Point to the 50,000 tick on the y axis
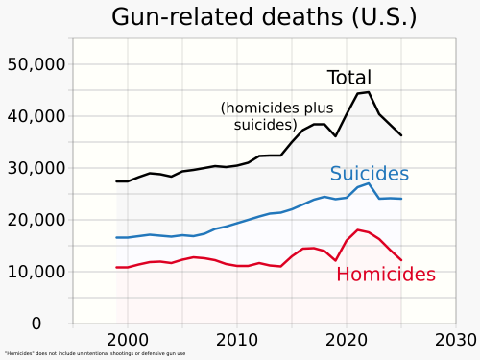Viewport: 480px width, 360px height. pyautogui.click(x=36, y=64)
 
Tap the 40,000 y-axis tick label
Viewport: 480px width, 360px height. pyautogui.click(x=36, y=116)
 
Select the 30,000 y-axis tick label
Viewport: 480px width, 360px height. pyautogui.click(x=36, y=168)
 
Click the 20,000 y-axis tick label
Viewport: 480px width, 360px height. pyautogui.click(x=36, y=220)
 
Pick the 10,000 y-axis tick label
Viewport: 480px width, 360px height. pyautogui.click(x=36, y=272)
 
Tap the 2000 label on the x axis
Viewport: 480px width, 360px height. pyautogui.click(x=128, y=339)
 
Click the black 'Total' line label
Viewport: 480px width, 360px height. pyautogui.click(x=348, y=78)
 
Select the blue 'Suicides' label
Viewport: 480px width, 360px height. pyautogui.click(x=370, y=174)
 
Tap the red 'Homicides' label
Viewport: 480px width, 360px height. pyautogui.click(x=386, y=275)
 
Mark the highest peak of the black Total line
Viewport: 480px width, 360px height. pyautogui.click(x=369, y=92)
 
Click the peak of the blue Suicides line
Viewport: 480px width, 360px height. pyautogui.click(x=369, y=183)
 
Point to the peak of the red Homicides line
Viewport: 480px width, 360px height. pyautogui.click(x=358, y=229)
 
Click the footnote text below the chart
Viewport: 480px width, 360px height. pyautogui.click(x=94, y=353)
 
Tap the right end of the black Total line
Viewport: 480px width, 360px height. pyautogui.click(x=401, y=135)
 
